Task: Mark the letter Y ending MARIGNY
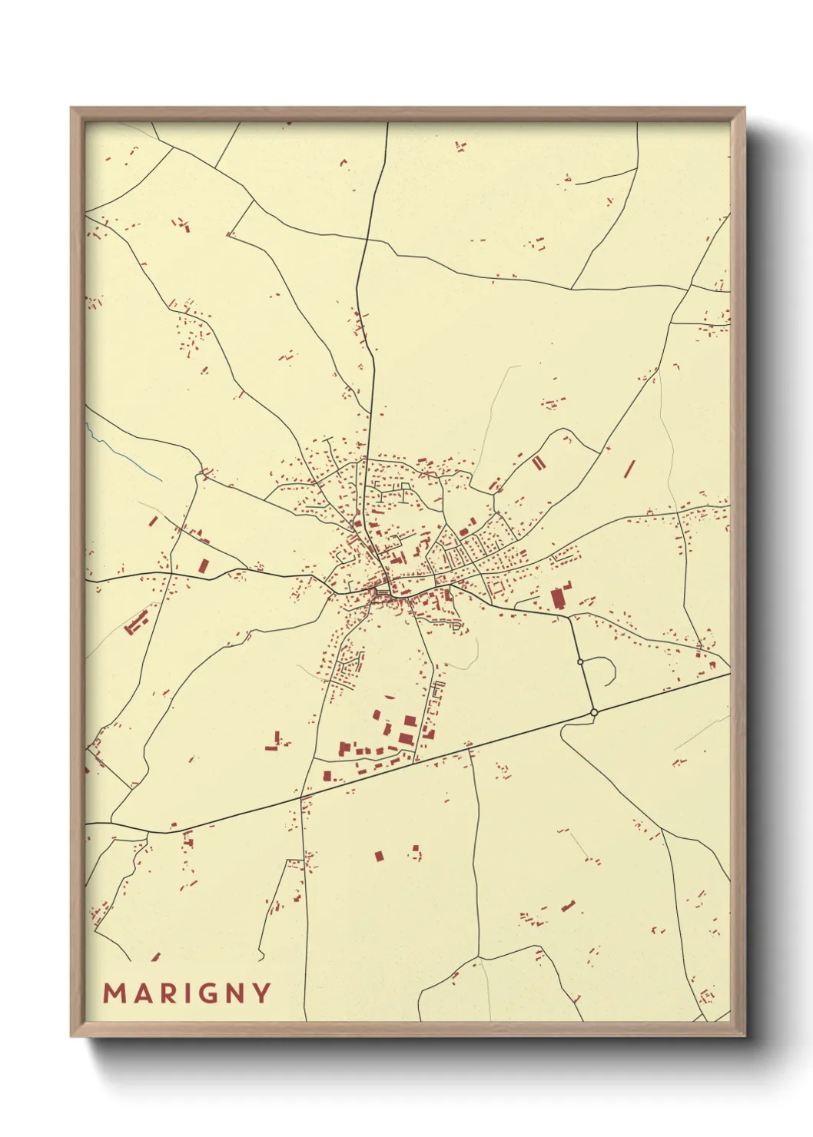[x=261, y=993]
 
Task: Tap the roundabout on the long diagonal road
[x=594, y=713]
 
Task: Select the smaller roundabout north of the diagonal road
[x=580, y=661]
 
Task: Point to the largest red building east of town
[x=557, y=598]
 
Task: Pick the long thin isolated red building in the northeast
[x=630, y=467]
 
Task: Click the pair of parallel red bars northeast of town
[x=539, y=462]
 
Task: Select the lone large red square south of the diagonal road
[x=378, y=855]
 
